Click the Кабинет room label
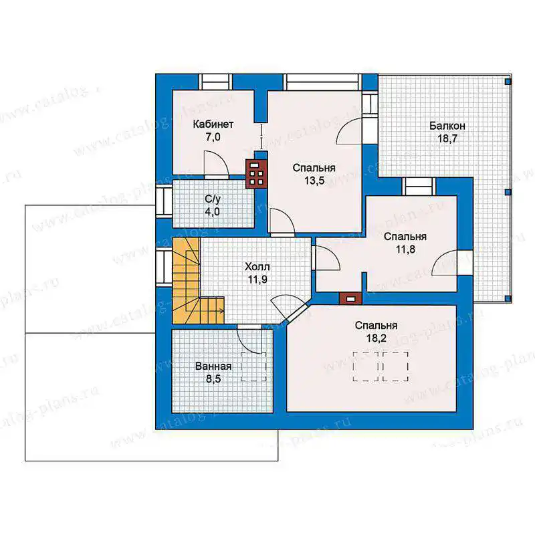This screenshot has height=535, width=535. point(213,124)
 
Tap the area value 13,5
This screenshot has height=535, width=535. point(314,181)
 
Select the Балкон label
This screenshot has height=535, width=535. point(447,126)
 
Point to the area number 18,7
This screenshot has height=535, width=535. point(447,139)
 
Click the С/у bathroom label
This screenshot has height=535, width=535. point(213,199)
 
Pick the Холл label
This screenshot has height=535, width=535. point(257,266)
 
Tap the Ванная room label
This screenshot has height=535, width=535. point(213,366)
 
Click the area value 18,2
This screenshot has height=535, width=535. point(377,338)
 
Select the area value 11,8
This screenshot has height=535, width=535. point(405,249)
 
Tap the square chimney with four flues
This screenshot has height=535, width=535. point(256,174)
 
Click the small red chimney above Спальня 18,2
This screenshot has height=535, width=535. point(350,299)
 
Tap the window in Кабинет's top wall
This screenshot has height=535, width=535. point(215,82)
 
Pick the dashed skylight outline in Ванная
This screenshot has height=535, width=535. point(254,366)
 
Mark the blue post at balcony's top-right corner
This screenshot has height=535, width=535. point(508,82)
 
